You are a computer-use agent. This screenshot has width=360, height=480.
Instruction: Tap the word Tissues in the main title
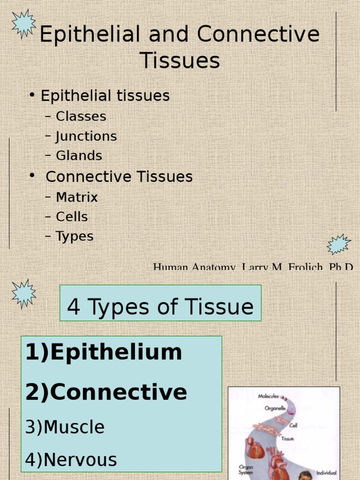click(x=180, y=61)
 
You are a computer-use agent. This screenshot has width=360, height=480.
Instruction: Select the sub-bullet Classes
click(x=81, y=116)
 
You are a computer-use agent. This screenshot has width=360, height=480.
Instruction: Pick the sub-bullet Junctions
click(x=86, y=136)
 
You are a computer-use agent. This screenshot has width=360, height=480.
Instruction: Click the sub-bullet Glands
click(x=79, y=156)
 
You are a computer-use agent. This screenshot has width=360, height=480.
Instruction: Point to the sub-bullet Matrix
click(x=77, y=197)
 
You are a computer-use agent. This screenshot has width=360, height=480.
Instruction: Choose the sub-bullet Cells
click(x=72, y=217)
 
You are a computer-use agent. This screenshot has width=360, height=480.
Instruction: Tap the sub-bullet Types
click(x=75, y=236)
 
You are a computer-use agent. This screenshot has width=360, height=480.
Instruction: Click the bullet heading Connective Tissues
click(x=119, y=177)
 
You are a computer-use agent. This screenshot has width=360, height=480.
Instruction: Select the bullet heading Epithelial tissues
click(x=105, y=96)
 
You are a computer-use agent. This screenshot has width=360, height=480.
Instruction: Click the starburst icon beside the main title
click(x=24, y=23)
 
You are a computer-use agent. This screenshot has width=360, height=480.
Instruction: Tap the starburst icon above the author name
click(x=338, y=244)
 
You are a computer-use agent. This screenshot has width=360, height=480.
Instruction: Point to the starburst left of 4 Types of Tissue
click(x=23, y=293)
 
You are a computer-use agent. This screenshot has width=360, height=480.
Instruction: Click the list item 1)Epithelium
click(x=104, y=352)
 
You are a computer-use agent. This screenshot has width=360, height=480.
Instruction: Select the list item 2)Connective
click(x=106, y=392)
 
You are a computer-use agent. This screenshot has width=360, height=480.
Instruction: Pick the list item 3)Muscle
click(x=65, y=427)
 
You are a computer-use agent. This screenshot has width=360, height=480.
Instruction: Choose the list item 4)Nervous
click(x=71, y=459)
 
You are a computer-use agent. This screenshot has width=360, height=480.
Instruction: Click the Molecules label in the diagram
click(x=269, y=396)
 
